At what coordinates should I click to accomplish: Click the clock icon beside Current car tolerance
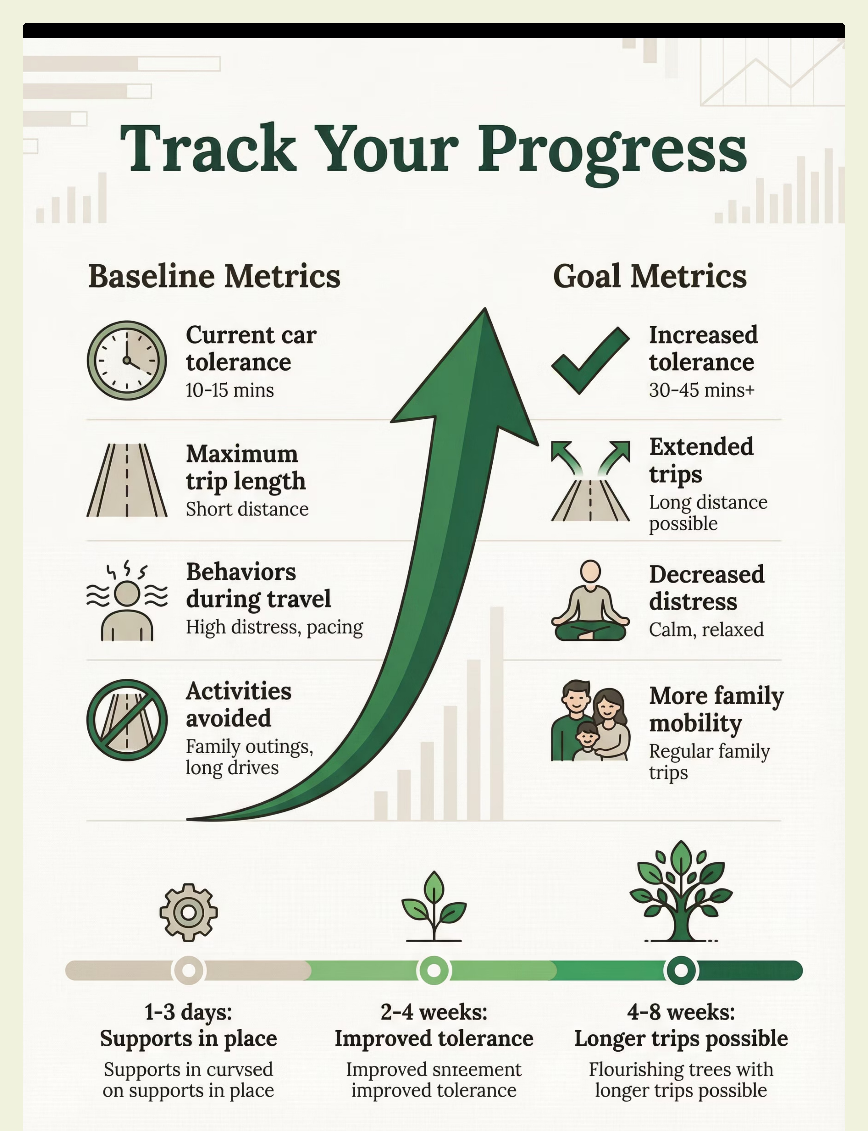(x=127, y=361)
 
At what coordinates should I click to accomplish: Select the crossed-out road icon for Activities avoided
(x=127, y=720)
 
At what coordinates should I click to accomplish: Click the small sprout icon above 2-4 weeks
(x=434, y=906)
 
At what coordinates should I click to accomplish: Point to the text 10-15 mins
(x=229, y=390)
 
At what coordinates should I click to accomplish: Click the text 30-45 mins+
(x=702, y=390)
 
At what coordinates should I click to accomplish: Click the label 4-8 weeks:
(x=681, y=1012)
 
